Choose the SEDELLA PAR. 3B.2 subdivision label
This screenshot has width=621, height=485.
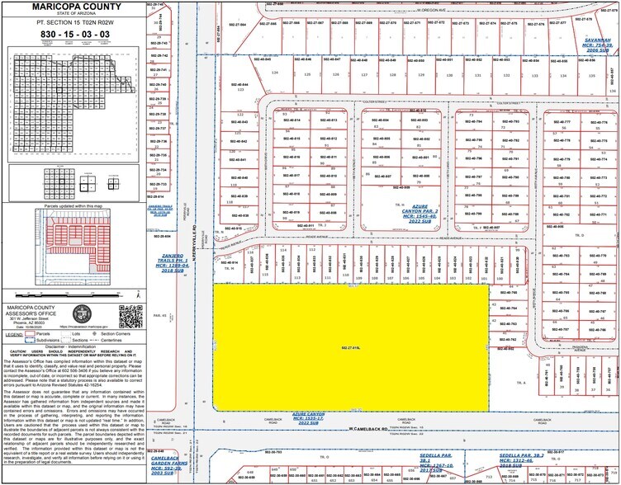(x=520, y=456)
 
